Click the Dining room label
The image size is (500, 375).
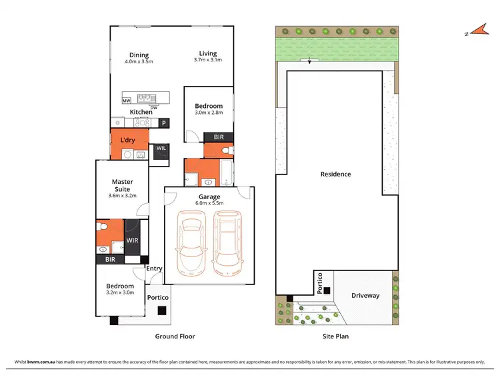(139, 55)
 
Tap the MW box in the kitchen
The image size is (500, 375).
(126, 101)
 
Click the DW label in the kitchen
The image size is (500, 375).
(153, 107)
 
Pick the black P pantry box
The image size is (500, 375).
(163, 123)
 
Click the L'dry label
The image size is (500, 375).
(128, 141)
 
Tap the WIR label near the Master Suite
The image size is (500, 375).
(132, 240)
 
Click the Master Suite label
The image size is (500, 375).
(122, 185)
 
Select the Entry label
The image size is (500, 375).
(154, 269)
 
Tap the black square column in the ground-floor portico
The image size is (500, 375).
(161, 310)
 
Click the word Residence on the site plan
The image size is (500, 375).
(335, 175)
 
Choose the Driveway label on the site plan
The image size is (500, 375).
(365, 295)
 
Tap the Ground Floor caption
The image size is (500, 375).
(175, 336)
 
